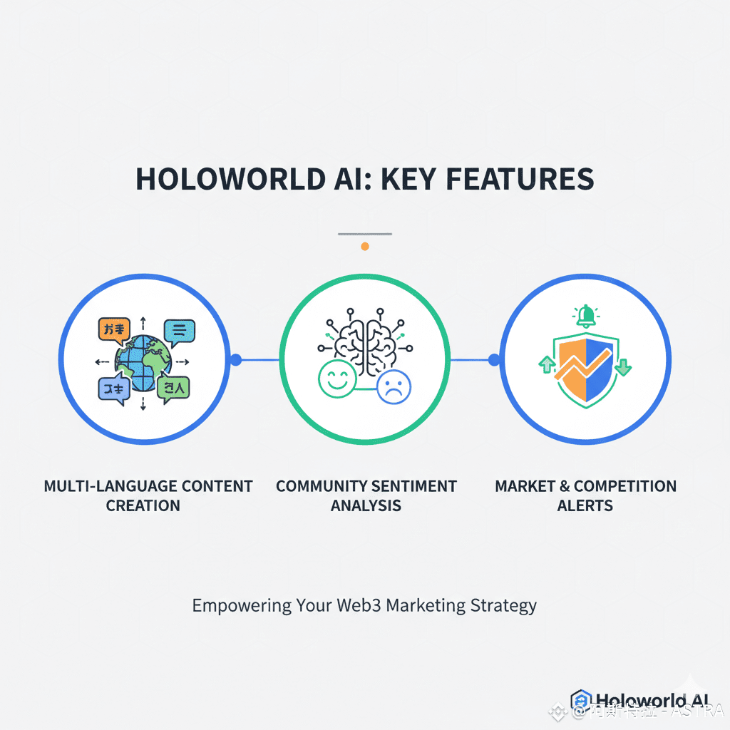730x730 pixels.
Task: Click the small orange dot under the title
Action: click(365, 246)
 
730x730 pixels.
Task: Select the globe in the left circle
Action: click(145, 361)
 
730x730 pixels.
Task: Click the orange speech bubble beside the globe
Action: click(113, 329)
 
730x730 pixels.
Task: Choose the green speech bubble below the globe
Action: click(174, 389)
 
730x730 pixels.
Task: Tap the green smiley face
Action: click(337, 378)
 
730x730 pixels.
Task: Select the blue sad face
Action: click(394, 386)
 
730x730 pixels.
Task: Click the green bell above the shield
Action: click(586, 315)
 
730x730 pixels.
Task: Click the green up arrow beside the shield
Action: click(547, 365)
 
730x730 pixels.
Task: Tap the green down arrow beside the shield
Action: click(622, 366)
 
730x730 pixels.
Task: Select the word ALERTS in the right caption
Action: click(585, 506)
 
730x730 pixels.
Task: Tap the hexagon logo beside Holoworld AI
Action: click(581, 701)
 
